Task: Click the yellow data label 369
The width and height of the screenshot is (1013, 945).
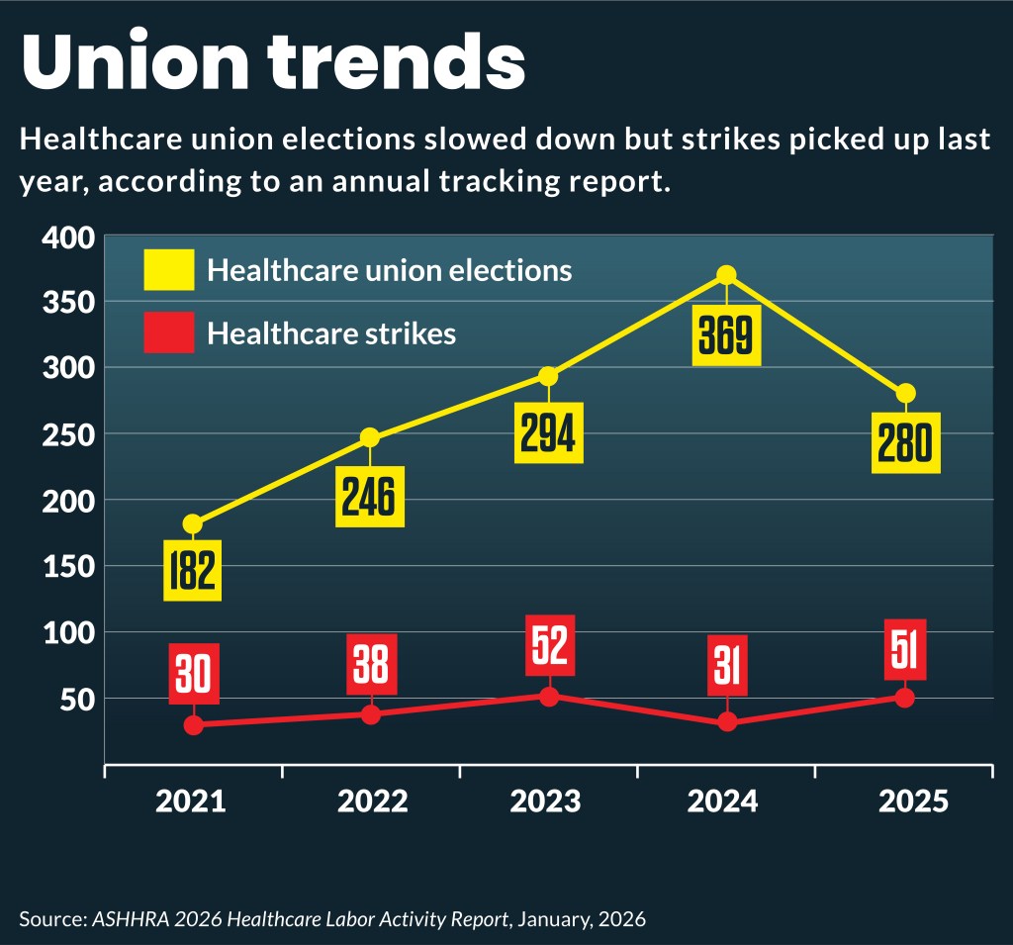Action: point(726,336)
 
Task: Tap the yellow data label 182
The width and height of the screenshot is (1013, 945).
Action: point(192,570)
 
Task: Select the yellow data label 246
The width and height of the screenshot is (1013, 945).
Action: point(370,497)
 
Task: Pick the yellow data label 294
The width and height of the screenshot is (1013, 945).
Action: point(548,433)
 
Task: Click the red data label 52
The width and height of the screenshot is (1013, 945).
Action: point(548,645)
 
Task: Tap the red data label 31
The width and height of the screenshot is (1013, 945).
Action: point(727,665)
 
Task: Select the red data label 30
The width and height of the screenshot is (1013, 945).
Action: point(193,673)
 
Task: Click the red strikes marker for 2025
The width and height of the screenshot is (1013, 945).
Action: point(904,698)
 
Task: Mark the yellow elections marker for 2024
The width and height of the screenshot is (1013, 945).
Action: point(726,275)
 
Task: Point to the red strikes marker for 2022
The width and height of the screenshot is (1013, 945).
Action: point(370,714)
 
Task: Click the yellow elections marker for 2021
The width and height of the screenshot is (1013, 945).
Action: point(192,523)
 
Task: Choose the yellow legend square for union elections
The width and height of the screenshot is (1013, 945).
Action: point(168,269)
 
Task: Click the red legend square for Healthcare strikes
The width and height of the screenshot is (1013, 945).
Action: point(168,332)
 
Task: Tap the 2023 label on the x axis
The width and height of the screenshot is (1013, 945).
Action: point(547,801)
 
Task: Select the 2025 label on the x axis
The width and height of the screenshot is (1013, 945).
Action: point(912,801)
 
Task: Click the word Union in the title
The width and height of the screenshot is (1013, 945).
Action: point(138,63)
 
